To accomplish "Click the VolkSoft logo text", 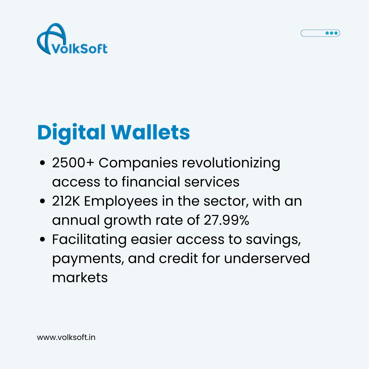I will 79,48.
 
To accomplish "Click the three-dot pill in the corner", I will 320,33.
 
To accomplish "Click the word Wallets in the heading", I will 150,132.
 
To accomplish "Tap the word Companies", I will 138,163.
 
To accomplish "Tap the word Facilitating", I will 89,240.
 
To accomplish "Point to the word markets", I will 80,277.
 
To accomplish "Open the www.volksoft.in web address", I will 66,338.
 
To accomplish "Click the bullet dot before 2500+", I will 42,164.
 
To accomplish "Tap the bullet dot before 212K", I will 42,202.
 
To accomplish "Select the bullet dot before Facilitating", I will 42,240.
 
